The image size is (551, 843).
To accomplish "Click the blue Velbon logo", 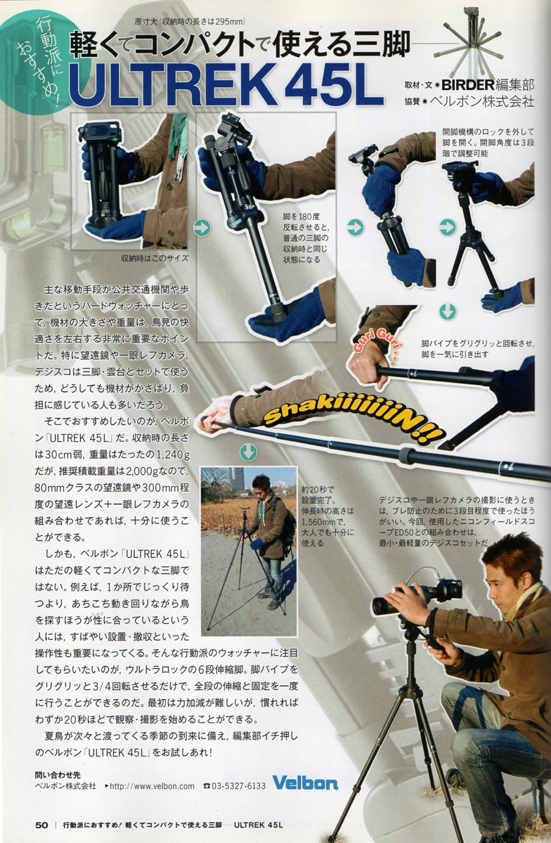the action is (x=305, y=783).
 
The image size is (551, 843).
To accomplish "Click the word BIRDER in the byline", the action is (x=467, y=85).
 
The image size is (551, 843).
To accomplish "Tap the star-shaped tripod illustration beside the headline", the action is (x=474, y=42).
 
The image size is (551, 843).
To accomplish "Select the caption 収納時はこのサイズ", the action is (x=155, y=259).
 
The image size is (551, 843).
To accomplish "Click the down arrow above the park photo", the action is (x=249, y=452).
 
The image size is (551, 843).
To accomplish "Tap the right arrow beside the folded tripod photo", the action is (x=202, y=228).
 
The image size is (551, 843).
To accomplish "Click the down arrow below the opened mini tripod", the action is (x=448, y=312).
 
